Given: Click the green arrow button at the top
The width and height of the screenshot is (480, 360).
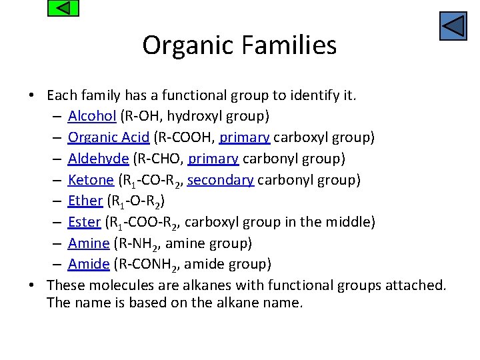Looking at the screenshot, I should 64,9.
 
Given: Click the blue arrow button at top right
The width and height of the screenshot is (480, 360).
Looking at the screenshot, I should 453,27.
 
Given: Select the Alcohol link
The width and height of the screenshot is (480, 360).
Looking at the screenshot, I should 92,116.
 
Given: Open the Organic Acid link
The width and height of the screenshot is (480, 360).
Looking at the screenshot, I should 108,137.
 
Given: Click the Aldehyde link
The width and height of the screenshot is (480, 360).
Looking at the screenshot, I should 98,159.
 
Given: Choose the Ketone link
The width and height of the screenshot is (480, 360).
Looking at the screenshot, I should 91,180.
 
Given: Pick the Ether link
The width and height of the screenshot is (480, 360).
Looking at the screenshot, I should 85,201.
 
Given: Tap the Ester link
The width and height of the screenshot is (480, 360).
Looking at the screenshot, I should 84,222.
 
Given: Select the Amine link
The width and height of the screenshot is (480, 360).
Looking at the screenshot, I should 88,243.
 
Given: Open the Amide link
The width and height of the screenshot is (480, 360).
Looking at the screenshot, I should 88,264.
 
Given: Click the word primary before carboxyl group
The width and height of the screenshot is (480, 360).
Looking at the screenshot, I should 245,137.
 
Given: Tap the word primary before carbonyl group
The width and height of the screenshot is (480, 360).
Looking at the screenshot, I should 213,159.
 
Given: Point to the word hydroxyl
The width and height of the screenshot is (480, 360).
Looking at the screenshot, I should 193,116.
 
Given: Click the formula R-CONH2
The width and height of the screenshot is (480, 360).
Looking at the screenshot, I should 148,265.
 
